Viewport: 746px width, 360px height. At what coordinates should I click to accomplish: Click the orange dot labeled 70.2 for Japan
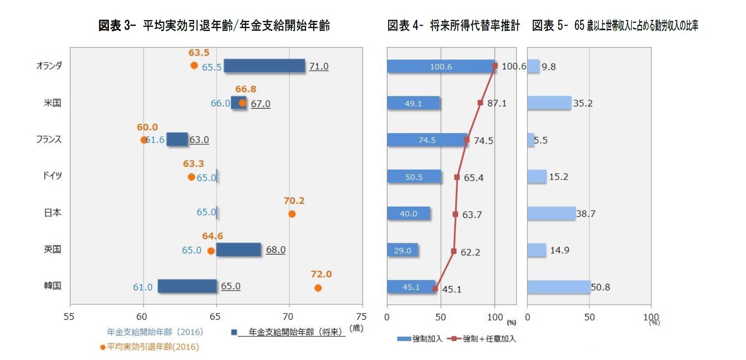coord(292,214)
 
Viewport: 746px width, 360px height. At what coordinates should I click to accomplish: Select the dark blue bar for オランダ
coord(264,66)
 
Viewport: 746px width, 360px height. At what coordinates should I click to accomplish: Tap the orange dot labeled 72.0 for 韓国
coord(318,288)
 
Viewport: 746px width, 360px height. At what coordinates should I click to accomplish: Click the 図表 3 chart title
coord(214,25)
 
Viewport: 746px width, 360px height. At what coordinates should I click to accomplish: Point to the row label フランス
coord(49,139)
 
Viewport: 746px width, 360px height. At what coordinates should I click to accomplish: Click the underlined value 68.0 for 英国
coord(276,250)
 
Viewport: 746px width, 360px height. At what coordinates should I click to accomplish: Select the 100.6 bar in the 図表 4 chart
coord(441,67)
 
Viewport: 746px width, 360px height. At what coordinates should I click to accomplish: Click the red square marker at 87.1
coord(480,103)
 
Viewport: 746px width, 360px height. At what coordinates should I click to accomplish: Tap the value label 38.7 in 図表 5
coord(586,214)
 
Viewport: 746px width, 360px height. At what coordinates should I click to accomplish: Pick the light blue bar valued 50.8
coord(559,287)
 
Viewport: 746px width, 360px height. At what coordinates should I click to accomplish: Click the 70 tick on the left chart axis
coord(288,317)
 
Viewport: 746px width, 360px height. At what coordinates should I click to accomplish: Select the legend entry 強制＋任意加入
coord(482,339)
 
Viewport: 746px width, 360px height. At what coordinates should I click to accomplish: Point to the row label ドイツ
coord(52,175)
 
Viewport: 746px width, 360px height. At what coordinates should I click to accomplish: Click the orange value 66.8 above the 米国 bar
coord(246,89)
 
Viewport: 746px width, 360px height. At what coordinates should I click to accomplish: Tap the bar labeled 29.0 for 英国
coord(402,250)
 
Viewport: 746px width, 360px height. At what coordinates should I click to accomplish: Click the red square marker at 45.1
coord(435,288)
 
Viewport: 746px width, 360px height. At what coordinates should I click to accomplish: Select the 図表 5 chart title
coord(615,25)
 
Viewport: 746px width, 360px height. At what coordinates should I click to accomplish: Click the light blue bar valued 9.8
coord(533,67)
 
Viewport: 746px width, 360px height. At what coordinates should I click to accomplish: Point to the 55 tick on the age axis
coord(69,317)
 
